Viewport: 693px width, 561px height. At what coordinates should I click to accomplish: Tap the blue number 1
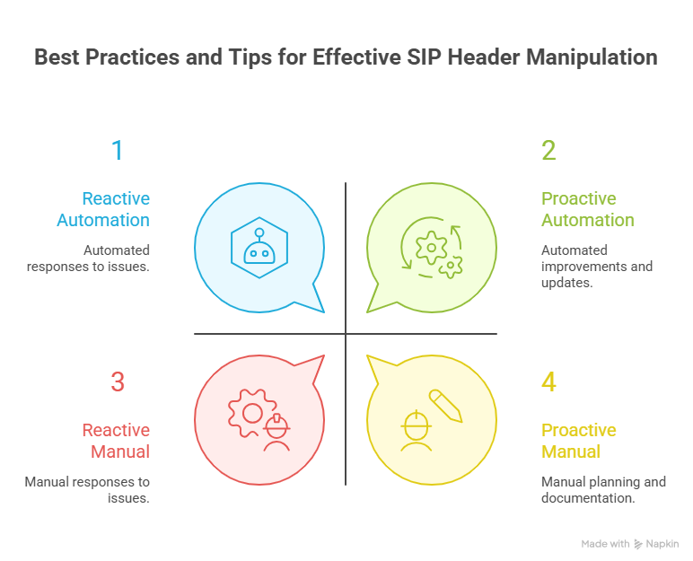[118, 150]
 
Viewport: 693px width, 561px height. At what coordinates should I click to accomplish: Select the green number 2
[548, 150]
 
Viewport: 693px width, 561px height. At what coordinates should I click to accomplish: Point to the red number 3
[118, 381]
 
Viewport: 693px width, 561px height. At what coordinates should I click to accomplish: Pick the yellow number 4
[548, 381]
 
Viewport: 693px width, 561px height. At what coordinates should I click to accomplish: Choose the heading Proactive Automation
[588, 209]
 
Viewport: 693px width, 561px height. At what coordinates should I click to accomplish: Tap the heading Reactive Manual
[116, 441]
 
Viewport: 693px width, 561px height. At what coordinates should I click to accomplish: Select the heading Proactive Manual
[579, 441]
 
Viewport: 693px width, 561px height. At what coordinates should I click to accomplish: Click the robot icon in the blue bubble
[259, 246]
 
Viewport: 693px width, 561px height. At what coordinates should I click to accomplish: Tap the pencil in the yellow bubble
[445, 406]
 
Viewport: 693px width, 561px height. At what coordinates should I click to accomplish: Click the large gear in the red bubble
[249, 411]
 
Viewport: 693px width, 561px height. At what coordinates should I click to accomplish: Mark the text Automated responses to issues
[117, 259]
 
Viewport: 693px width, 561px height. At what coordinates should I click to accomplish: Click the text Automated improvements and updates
[597, 267]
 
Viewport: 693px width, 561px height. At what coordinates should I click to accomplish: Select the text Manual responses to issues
[87, 490]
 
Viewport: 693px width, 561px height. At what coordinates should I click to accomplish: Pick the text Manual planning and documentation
[603, 490]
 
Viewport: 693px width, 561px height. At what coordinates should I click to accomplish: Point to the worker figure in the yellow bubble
[415, 430]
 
